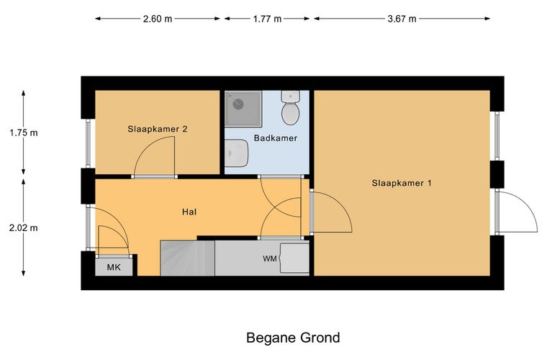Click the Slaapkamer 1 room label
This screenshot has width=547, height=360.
[402, 183]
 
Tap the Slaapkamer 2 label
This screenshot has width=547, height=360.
[158, 129]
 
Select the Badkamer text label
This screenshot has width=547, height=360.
[276, 138]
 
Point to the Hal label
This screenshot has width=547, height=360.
[189, 212]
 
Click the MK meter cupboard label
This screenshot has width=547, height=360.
[114, 267]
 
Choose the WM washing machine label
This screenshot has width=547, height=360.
[270, 258]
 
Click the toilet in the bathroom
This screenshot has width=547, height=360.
[291, 107]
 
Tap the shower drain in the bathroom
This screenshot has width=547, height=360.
[238, 104]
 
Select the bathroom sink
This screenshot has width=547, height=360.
[236, 153]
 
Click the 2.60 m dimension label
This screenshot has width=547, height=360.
[158, 19]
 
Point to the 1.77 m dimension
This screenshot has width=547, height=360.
[267, 19]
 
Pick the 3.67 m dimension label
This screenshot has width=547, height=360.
[402, 19]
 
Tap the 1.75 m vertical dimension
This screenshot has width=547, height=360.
[24, 132]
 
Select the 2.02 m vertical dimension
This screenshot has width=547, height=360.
[24, 228]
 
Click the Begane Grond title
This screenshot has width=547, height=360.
[293, 338]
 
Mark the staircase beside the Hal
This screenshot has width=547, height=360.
[187, 258]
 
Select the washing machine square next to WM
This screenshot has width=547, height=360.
[295, 258]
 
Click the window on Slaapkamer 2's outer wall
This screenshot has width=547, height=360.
[89, 143]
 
